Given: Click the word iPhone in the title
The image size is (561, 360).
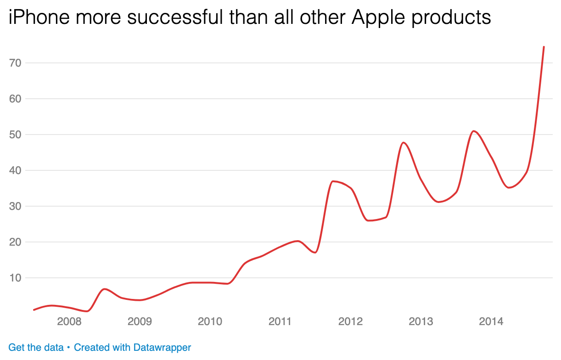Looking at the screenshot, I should click(x=39, y=18).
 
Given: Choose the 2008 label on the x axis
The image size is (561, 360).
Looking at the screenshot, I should click(x=69, y=321).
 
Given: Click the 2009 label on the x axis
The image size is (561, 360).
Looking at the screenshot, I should click(x=140, y=321).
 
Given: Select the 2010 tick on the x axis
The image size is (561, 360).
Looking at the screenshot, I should click(x=210, y=321).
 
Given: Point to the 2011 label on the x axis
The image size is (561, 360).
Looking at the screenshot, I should click(x=280, y=321).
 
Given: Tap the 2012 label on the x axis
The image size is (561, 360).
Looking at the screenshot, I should click(x=350, y=321).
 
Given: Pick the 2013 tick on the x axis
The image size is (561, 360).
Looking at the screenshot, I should click(x=421, y=321).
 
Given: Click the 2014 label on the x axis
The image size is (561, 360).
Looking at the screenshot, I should click(x=491, y=321).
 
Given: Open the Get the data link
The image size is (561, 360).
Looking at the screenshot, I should click(x=36, y=348).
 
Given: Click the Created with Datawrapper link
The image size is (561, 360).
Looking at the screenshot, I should click(x=132, y=348).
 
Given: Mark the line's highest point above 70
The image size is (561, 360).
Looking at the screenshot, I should click(x=544, y=47).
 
